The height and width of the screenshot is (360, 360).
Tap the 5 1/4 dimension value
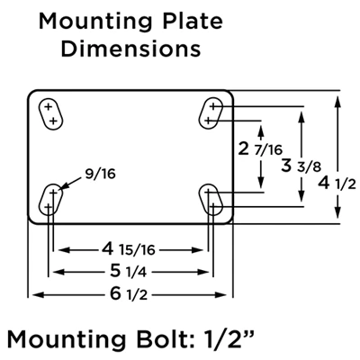[132, 270]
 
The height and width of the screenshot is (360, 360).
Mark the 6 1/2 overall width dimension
[132, 293]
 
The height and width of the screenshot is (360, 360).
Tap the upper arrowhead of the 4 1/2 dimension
[337, 97]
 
